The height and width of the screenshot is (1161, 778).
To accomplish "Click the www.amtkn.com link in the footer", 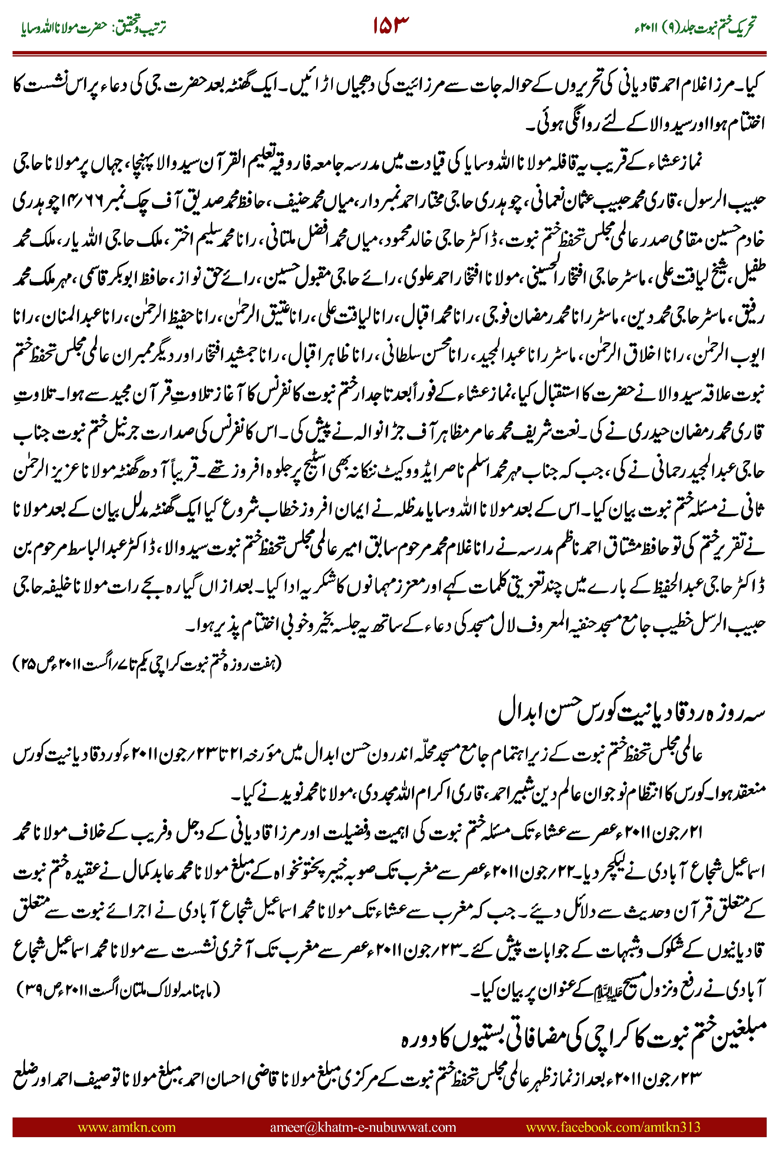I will [x=126, y=1127].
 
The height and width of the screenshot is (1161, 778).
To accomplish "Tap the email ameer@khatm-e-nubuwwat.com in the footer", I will [x=363, y=1127].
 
